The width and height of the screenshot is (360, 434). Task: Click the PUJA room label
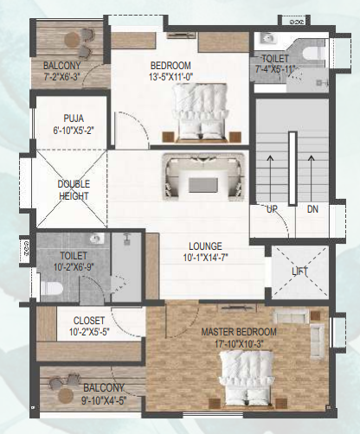click(74, 118)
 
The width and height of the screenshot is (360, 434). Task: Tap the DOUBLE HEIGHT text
click(74, 190)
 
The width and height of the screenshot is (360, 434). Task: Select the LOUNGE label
click(205, 246)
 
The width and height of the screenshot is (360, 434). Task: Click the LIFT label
click(300, 271)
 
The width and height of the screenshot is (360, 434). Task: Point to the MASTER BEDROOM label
click(239, 332)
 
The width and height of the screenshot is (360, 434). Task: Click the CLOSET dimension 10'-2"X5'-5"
click(89, 332)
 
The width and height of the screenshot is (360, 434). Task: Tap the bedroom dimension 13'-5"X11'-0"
click(171, 77)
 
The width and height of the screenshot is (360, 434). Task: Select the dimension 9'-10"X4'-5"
click(104, 400)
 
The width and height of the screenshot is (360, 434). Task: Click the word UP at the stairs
click(272, 209)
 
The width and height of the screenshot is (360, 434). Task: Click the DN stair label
click(312, 209)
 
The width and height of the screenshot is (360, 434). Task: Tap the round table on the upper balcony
click(72, 40)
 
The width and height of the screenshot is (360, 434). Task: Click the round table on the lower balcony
click(66, 395)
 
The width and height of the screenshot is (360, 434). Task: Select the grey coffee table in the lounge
click(203, 185)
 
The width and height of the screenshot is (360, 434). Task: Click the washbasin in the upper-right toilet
click(268, 38)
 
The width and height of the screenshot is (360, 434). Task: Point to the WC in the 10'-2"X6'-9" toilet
click(52, 289)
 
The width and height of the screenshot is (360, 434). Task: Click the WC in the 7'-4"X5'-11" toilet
click(315, 54)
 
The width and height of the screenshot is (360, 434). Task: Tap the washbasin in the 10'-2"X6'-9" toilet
click(97, 239)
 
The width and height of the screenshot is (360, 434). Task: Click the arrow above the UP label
click(270, 178)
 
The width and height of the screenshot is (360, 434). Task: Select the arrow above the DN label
click(311, 178)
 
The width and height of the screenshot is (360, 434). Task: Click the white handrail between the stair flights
click(292, 169)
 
